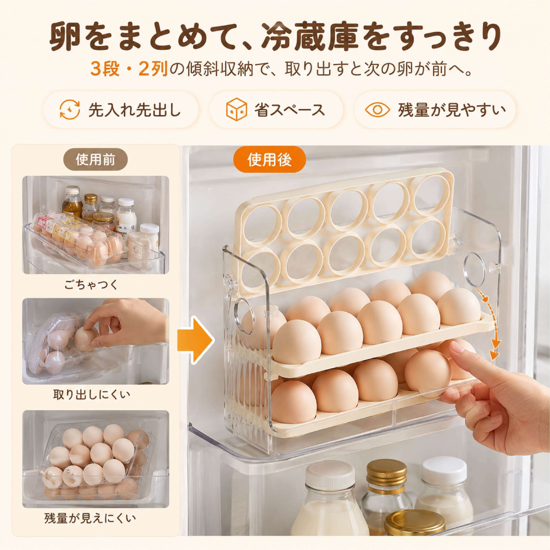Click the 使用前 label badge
coord(95,160)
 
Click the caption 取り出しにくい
coord(92,394)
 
